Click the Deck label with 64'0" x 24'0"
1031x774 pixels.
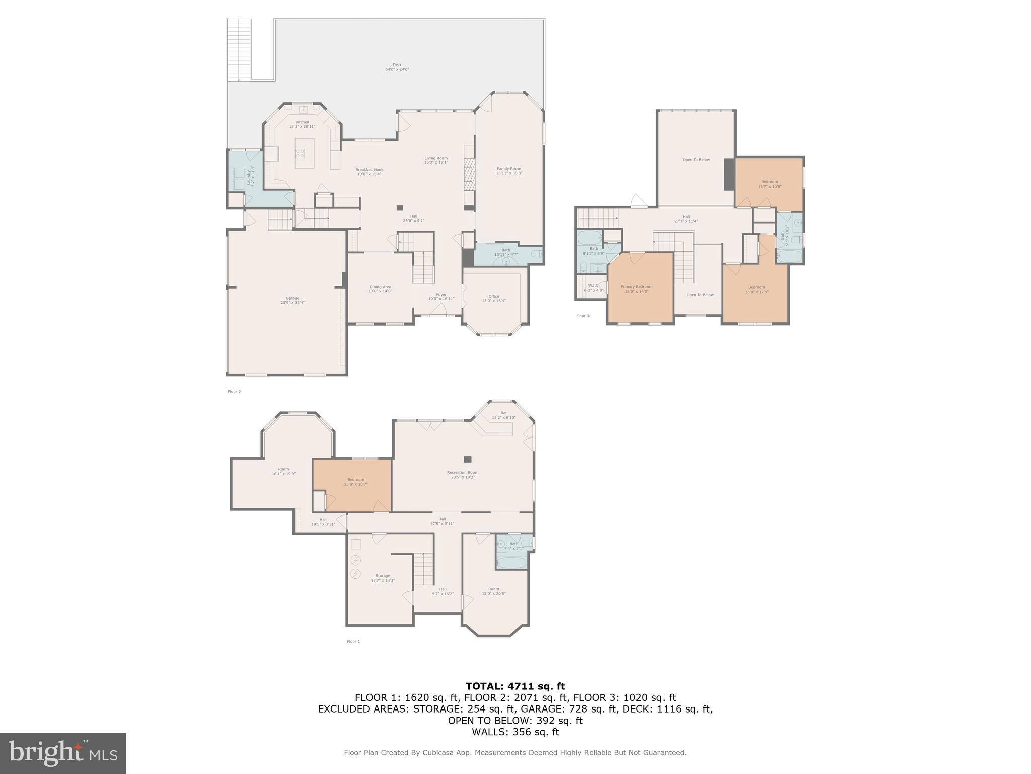coord(397,67)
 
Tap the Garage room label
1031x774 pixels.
coord(292,300)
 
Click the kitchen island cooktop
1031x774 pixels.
coord(300,153)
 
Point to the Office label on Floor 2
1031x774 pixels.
coord(493,298)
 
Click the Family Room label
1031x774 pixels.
coord(508,171)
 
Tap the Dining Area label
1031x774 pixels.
coord(380,289)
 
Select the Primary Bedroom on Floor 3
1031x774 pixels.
coord(636,289)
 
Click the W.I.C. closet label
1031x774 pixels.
coord(593,287)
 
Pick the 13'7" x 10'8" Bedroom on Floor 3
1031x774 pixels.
coord(769,184)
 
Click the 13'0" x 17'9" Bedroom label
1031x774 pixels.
coord(756,289)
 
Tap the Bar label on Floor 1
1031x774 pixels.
coord(503,415)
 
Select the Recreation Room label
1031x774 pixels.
coord(462,474)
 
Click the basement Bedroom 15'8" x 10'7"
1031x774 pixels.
coord(355,482)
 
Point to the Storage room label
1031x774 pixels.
coord(382,578)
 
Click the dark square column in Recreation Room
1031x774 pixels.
coord(467,459)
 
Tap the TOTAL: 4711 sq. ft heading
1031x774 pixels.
coord(515,686)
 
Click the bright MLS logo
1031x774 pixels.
coord(62,753)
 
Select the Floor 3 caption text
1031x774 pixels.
coord(582,316)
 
